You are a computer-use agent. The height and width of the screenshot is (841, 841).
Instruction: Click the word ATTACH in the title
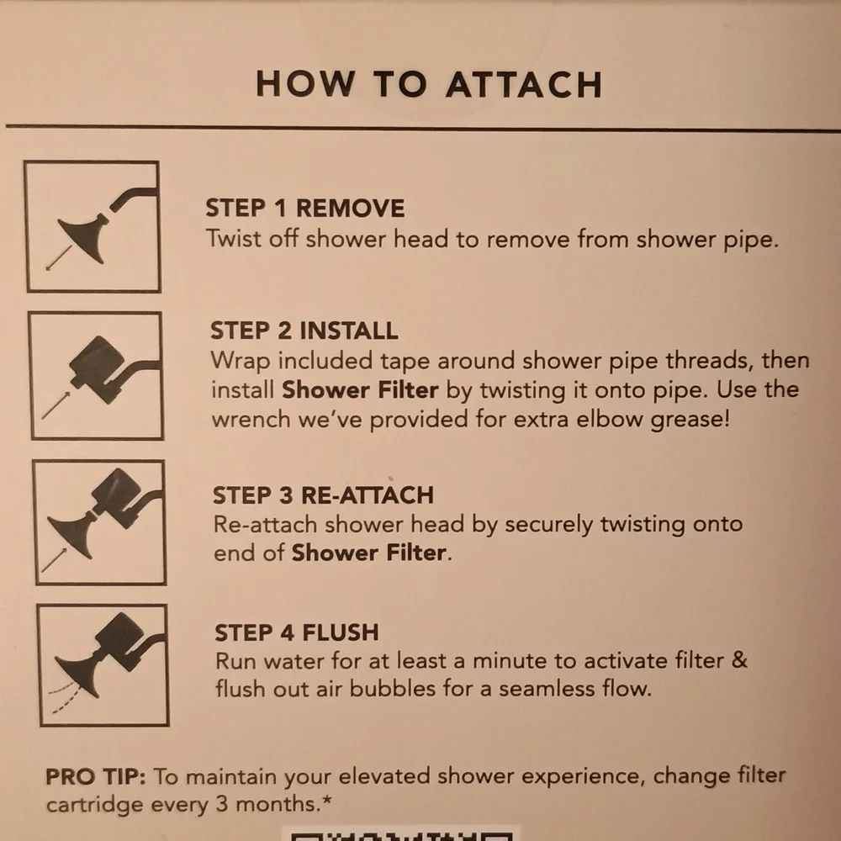click(x=524, y=85)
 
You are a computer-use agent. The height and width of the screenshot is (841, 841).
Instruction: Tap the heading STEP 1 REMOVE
click(x=305, y=208)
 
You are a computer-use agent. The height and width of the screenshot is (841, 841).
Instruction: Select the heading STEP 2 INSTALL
click(x=304, y=331)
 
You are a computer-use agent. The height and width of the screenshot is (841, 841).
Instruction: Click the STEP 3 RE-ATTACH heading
click(x=323, y=495)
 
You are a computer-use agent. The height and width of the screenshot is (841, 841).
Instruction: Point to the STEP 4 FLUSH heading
click(x=297, y=632)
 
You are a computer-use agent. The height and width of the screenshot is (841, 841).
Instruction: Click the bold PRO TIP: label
click(x=96, y=776)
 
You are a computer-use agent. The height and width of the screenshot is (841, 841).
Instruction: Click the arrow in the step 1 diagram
click(x=59, y=258)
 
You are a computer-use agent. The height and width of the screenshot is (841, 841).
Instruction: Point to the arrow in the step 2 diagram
click(x=56, y=405)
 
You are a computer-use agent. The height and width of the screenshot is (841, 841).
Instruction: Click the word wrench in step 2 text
click(x=251, y=419)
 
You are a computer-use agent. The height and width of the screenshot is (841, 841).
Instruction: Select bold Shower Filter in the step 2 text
click(x=361, y=390)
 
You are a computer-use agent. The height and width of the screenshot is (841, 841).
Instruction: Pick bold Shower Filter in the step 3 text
click(x=369, y=553)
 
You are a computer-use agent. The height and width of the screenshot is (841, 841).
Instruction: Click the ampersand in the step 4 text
click(x=739, y=659)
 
